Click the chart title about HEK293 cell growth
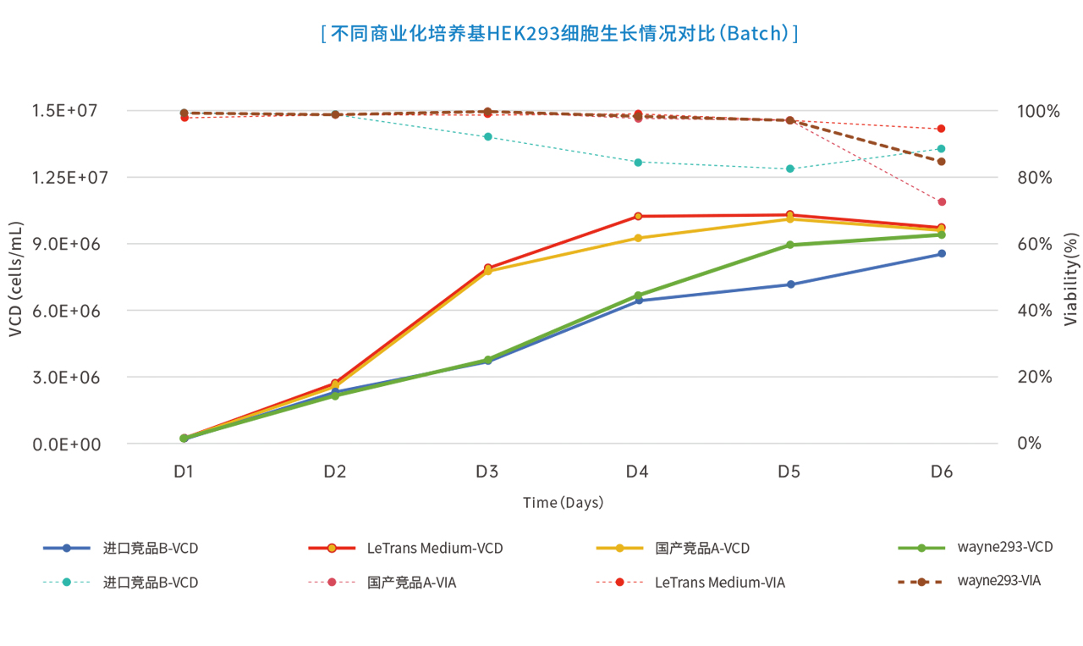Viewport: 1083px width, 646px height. [559, 34]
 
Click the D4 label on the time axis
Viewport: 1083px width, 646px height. [637, 472]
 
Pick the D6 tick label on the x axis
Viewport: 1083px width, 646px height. [941, 472]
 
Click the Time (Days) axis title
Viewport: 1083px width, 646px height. [563, 503]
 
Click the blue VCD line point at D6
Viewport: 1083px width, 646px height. [941, 254]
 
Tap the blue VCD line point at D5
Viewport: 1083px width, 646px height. [790, 284]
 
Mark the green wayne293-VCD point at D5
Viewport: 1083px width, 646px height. [790, 246]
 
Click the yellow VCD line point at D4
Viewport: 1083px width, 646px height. [638, 238]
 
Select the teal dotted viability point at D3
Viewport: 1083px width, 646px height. [487, 136]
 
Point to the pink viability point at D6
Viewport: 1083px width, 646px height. [941, 202]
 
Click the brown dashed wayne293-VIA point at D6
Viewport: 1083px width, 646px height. [941, 162]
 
